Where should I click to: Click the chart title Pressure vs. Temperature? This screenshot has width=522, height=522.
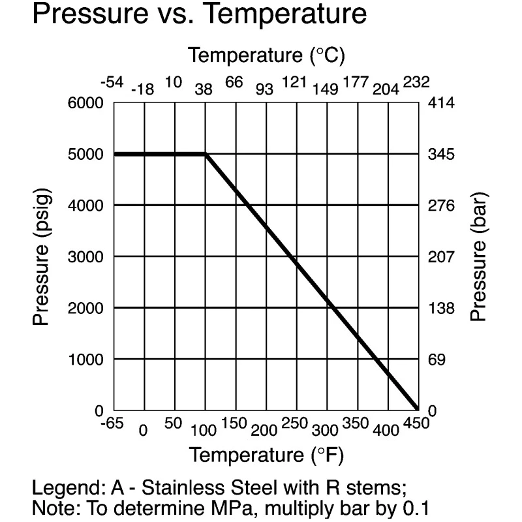point(200,14)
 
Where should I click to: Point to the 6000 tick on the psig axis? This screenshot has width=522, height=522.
point(85,103)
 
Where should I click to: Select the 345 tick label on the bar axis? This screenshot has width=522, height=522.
point(441,154)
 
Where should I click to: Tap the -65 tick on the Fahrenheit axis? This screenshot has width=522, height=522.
point(112,423)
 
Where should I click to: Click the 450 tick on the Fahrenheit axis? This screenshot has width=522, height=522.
point(416,423)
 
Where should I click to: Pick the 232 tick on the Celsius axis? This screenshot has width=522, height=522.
point(416,82)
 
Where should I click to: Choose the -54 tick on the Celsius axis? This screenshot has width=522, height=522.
point(112,82)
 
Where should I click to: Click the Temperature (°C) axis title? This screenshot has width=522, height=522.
point(266,55)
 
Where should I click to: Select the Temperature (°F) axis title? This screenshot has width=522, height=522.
point(266,455)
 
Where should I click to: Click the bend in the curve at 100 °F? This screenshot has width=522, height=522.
point(206,154)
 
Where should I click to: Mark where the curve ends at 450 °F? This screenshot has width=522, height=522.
point(417,409)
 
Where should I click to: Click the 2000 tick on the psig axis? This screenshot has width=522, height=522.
point(85,308)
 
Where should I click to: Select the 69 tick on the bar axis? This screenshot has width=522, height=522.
point(437,360)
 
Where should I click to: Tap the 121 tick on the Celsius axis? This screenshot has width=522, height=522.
point(295,82)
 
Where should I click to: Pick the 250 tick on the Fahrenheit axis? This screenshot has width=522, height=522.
point(295,423)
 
